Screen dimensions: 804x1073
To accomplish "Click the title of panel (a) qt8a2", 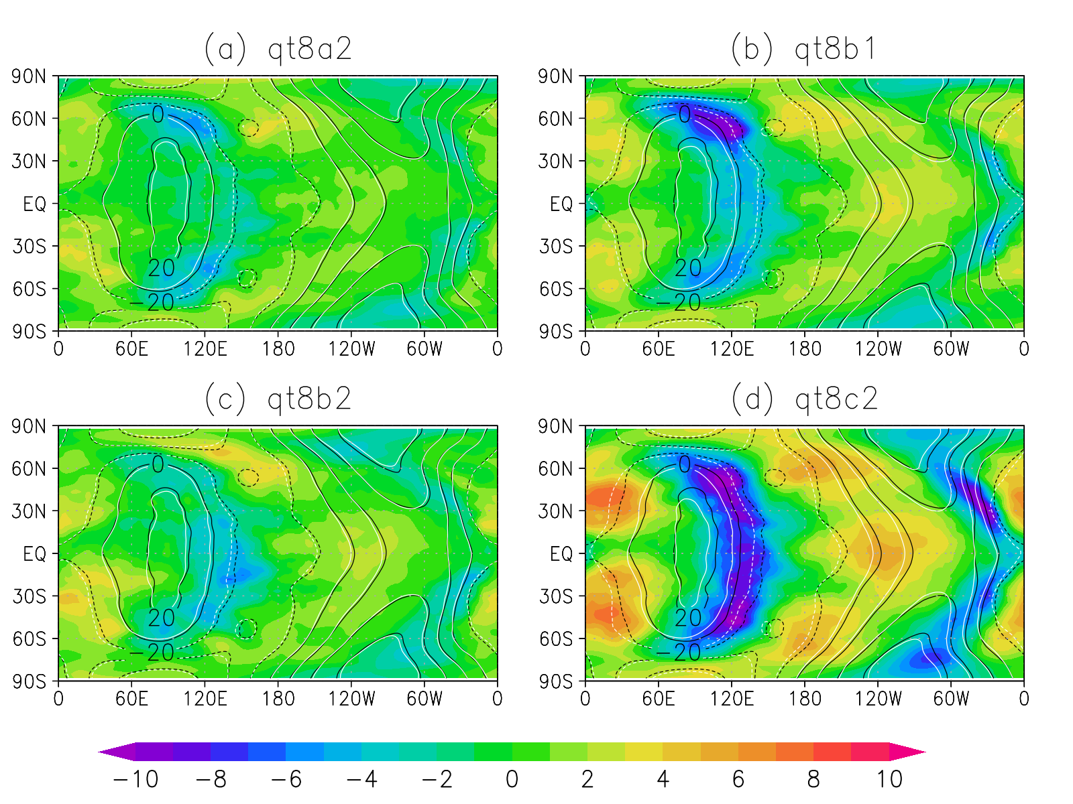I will tap(278, 50).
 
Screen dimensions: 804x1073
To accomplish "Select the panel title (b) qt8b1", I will tap(803, 50).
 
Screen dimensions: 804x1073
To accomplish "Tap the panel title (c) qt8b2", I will tap(278, 399).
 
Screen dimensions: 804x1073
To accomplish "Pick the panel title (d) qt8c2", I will tap(804, 399).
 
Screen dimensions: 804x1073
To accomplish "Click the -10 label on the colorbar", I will tap(135, 779).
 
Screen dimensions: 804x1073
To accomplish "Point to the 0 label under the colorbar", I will tap(512, 779).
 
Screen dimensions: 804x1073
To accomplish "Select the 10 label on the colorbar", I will tap(889, 779).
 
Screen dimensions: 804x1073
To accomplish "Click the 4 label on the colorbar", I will tap(663, 779).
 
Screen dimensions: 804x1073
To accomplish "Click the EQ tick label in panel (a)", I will tap(35, 204).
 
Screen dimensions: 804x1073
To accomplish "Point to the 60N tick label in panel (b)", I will tap(555, 119).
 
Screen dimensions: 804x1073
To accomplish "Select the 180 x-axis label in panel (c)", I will tap(278, 699).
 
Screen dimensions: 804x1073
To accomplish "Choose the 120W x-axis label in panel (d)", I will tap(878, 699).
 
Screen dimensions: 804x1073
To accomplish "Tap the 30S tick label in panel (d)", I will tap(555, 596).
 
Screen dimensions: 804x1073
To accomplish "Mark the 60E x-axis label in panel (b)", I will tap(658, 348).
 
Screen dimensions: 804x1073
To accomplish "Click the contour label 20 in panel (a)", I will tap(162, 268).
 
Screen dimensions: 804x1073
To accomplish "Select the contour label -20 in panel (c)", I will tap(152, 652).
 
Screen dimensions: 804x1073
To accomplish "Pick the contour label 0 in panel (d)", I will tap(684, 464).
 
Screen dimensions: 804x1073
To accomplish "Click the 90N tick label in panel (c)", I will tap(30, 427).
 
